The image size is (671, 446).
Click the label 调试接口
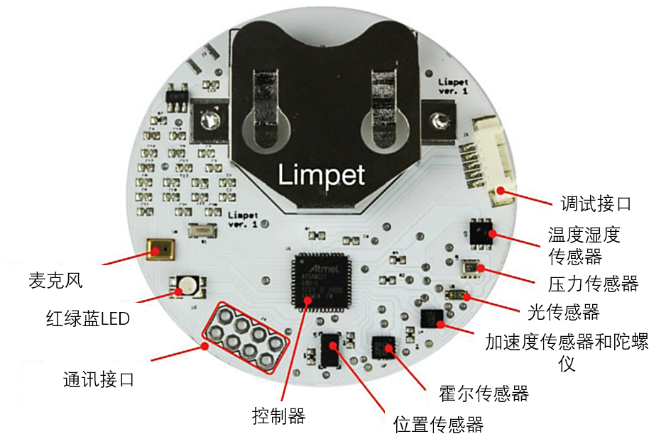(x=591, y=204)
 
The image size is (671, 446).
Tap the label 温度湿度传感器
(x=584, y=244)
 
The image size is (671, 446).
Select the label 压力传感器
(x=593, y=284)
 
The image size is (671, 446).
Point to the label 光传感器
(x=563, y=311)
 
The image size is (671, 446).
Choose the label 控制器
(x=278, y=416)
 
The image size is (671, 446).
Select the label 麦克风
(x=55, y=280)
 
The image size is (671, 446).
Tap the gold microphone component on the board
(x=162, y=250)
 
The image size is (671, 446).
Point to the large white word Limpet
(x=322, y=174)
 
